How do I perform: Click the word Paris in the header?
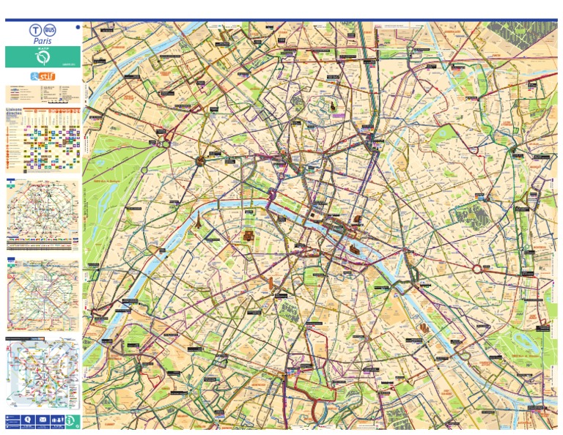42,42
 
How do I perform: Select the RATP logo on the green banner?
42,56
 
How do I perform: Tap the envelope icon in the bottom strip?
42,420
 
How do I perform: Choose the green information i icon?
70,420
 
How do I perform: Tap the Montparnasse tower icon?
272,284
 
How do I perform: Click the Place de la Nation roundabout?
480,269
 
